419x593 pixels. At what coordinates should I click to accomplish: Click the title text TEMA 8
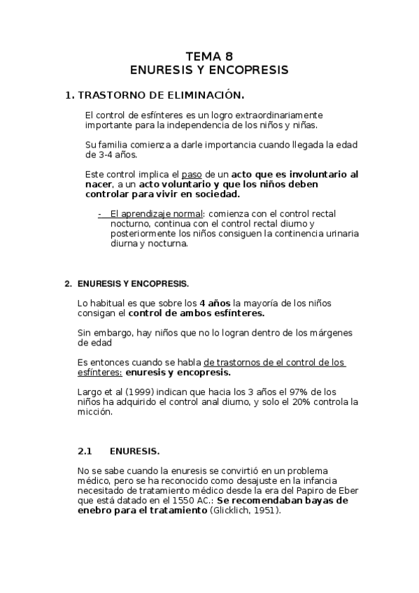coord(209,57)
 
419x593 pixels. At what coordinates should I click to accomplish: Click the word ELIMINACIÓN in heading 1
coord(207,94)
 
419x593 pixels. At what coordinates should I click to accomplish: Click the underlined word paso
coord(190,174)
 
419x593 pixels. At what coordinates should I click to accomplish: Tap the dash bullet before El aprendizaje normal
coord(100,213)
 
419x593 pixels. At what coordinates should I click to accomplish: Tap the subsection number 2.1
coord(86,452)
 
